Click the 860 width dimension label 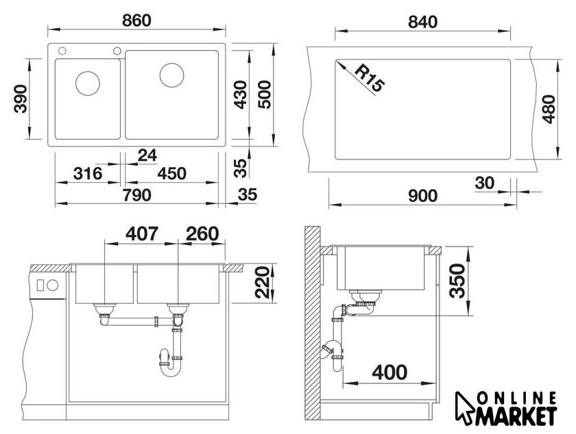[x=136, y=21]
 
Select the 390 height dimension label [x=21, y=99]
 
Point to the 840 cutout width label [x=422, y=23]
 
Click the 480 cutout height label [x=549, y=109]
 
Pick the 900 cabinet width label [x=422, y=196]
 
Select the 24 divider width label [x=147, y=155]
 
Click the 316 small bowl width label [x=88, y=173]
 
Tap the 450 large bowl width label [x=171, y=173]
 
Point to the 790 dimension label [x=136, y=195]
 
